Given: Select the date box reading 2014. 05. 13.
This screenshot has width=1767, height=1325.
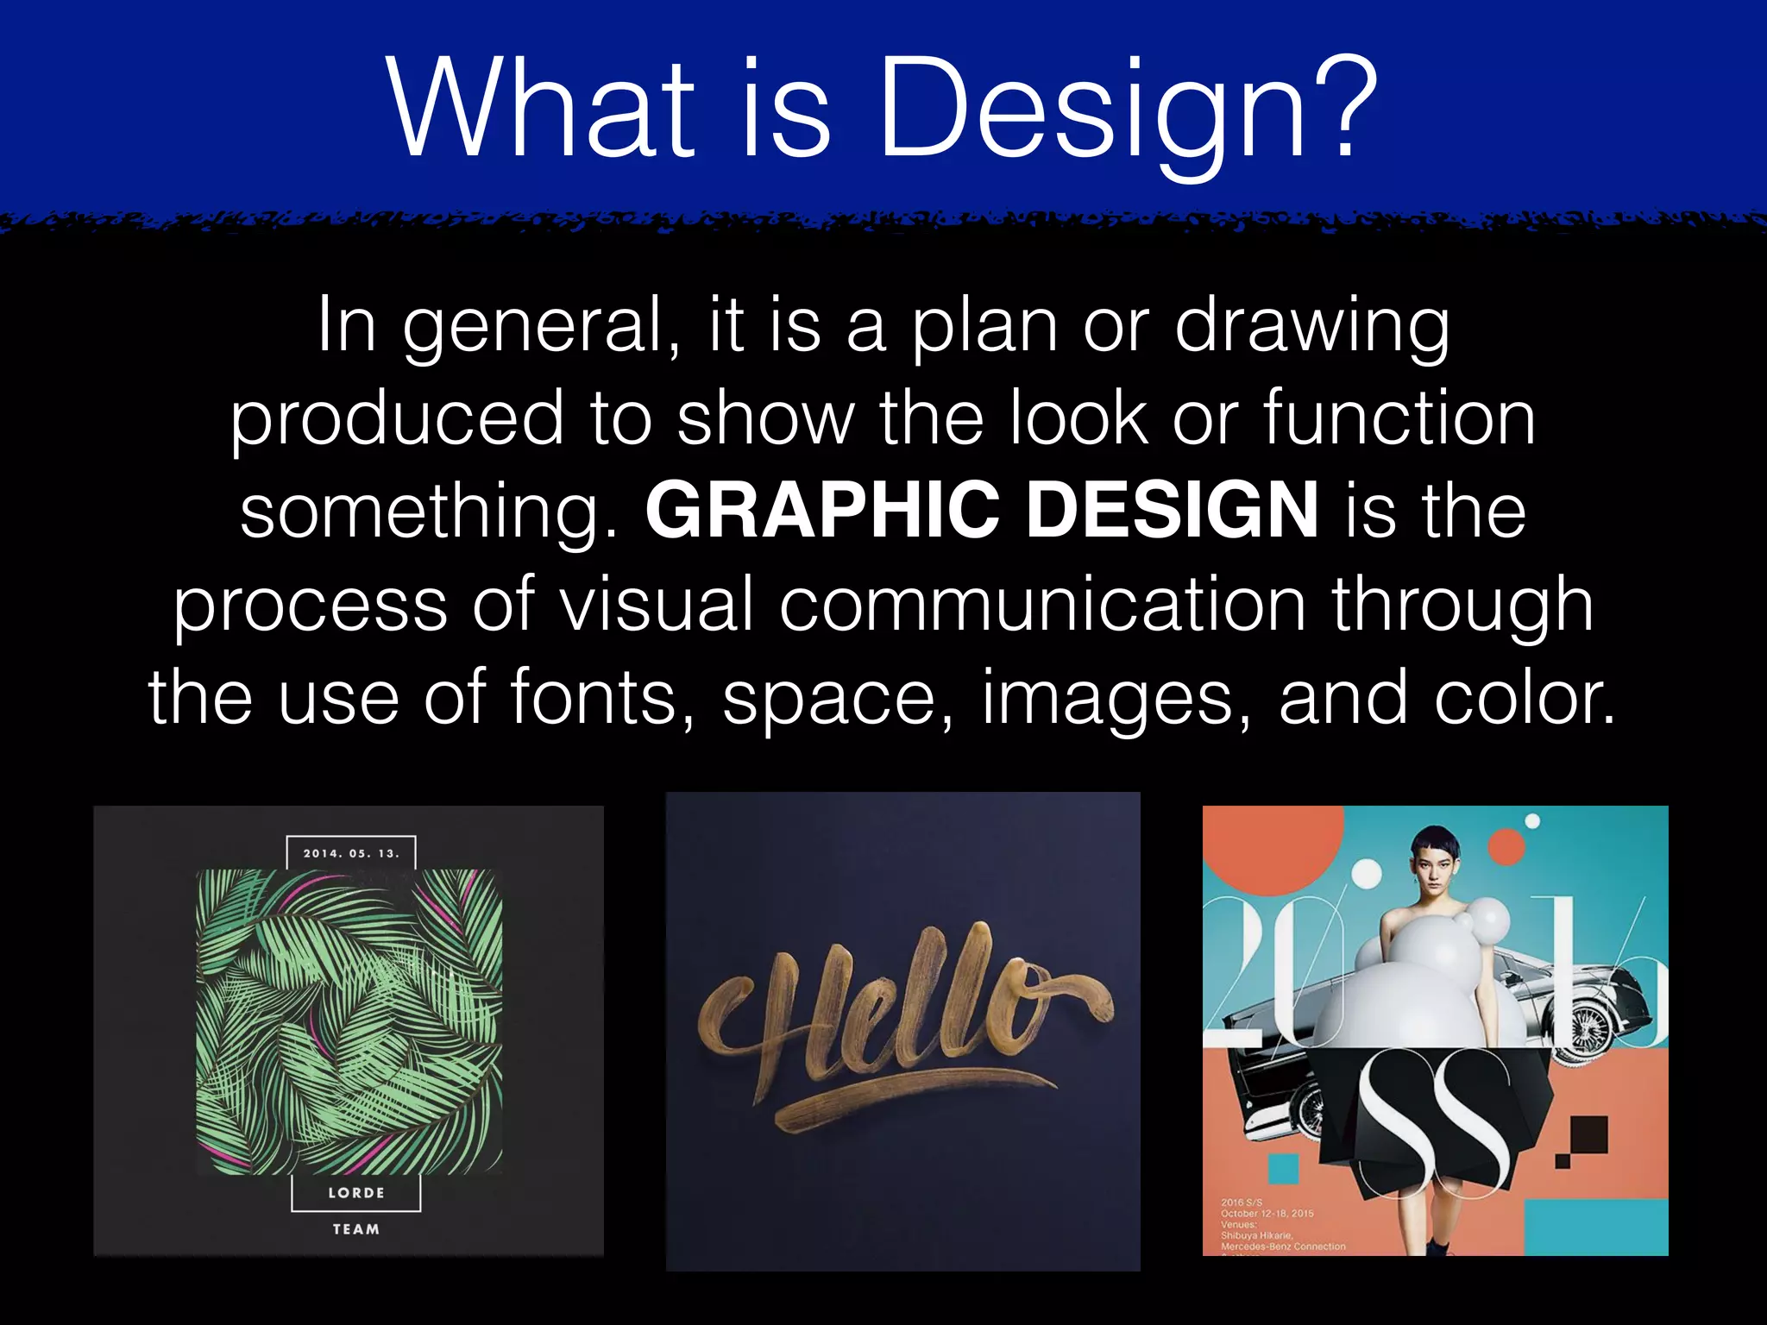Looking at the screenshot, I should pos(351,853).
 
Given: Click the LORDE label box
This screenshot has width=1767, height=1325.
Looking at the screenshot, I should pos(355,1193).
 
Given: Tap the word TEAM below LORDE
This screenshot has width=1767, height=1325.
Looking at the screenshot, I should pos(355,1229).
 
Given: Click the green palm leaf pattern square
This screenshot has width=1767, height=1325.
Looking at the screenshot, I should pos(349,1022).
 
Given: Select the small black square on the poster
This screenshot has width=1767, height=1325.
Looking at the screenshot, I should pos(1588,1133).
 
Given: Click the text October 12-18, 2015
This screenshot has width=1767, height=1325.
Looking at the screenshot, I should pos(1267,1213).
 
